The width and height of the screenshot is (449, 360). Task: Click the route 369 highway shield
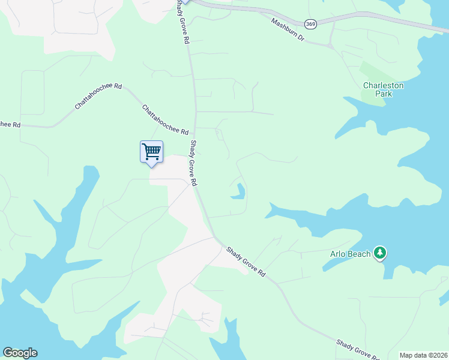tap(310, 24)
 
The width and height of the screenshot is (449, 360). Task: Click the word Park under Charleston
tap(383, 94)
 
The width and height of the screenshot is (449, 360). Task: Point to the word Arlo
tap(339, 254)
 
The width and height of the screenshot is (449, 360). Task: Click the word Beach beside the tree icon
tap(360, 254)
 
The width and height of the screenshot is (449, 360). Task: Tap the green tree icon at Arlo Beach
tap(379, 254)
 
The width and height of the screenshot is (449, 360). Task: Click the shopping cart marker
tap(151, 151)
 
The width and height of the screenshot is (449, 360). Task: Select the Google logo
tap(20, 353)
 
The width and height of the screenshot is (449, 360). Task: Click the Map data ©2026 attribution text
tap(423, 355)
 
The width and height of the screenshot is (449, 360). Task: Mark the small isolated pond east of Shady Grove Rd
tap(240, 193)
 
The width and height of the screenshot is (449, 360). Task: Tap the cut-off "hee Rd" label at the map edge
tap(10, 124)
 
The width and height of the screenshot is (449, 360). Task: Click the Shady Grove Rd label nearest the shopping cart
tap(194, 163)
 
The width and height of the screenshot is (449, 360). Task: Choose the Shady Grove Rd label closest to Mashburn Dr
tap(183, 23)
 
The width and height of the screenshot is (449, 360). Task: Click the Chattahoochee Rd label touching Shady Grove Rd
tap(165, 119)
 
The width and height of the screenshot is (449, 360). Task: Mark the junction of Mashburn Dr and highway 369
tap(330, 45)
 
